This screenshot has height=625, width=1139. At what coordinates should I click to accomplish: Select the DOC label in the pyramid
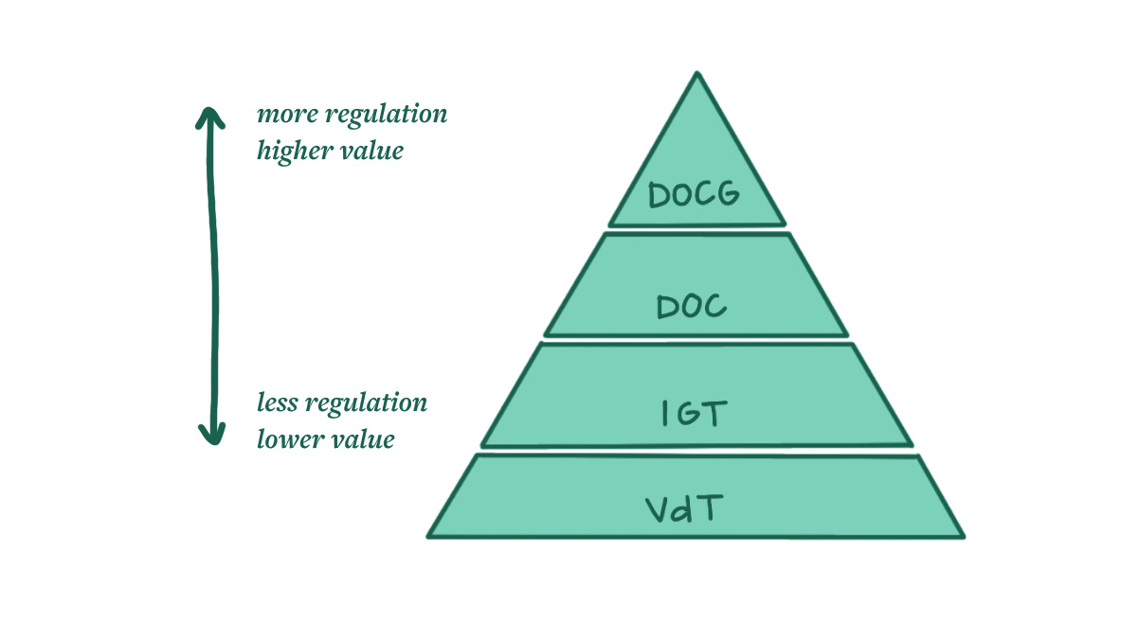[692, 306]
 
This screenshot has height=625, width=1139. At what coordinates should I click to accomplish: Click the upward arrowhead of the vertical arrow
[210, 116]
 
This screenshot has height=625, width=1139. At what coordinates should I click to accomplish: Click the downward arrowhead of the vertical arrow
[212, 436]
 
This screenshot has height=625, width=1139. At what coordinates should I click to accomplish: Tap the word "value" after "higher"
[374, 152]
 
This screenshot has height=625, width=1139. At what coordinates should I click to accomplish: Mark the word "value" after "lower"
[364, 439]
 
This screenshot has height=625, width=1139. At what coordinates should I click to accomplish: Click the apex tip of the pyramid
[696, 74]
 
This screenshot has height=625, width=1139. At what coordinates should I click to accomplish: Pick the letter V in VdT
[659, 511]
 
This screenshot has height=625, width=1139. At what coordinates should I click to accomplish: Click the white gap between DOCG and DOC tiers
[696, 230]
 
